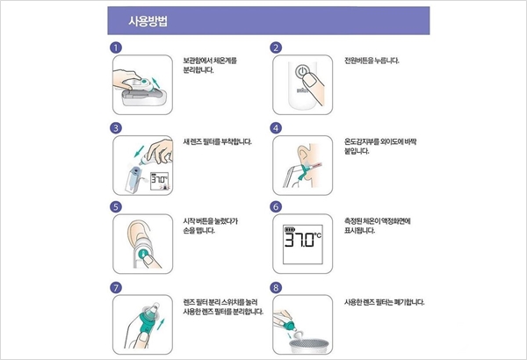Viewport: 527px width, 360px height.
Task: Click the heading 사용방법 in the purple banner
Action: (148, 21)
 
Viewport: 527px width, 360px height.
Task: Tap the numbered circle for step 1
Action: (116, 47)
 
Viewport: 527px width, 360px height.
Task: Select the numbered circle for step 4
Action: (276, 128)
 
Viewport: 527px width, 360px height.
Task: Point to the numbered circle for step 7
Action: (116, 288)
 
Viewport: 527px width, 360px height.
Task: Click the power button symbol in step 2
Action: (302, 72)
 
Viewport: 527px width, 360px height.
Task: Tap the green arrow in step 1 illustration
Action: (155, 82)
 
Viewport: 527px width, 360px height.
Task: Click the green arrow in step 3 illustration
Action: (139, 151)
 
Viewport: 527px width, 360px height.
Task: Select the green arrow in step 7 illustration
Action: (162, 325)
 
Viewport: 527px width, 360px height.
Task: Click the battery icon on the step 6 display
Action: (289, 229)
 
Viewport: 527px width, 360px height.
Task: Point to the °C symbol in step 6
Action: (317, 235)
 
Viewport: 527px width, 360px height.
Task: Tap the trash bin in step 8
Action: (309, 346)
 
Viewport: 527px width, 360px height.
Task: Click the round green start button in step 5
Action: (142, 253)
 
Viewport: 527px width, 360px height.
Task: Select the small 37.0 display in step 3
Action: (160, 182)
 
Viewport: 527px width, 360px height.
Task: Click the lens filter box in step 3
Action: (134, 180)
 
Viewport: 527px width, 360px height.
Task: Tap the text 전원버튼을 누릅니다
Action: (372, 61)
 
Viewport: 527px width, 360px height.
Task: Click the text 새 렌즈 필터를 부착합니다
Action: (217, 142)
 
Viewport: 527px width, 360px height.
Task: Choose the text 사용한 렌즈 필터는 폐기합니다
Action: (384, 302)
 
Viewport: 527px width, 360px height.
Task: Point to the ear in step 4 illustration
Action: (303, 155)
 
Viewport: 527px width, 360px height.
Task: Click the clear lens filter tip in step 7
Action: (155, 308)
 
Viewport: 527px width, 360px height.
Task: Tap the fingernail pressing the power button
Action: (308, 80)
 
